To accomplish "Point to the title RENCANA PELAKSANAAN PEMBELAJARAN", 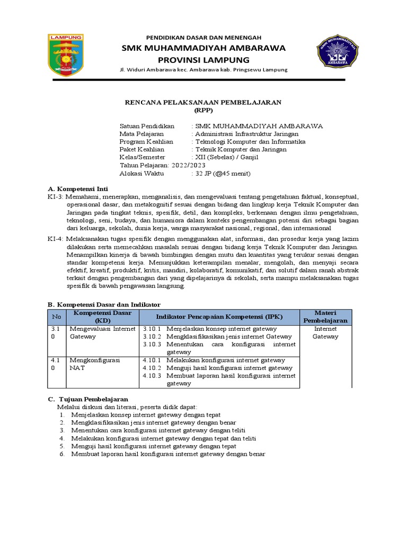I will pyautogui.click(x=203, y=102).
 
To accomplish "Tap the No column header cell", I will pyautogui.click(x=56, y=317).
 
